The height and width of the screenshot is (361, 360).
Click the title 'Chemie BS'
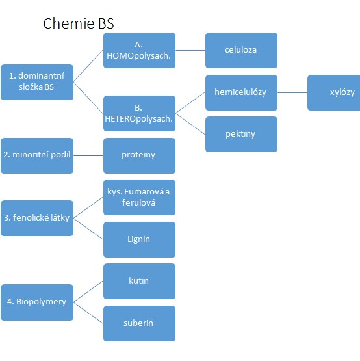(x=79, y=23)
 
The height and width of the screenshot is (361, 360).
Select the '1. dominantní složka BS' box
(x=37, y=82)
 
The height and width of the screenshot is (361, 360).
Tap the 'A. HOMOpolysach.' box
(x=140, y=51)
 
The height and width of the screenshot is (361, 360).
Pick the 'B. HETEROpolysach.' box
(x=140, y=113)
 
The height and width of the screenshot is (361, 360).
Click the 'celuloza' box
(x=241, y=51)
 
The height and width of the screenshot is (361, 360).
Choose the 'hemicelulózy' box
(x=241, y=92)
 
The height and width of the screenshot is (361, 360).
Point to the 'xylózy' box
(x=334, y=92)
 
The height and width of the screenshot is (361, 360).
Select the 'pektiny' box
(x=241, y=135)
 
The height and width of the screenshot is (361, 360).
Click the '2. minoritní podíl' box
(x=37, y=155)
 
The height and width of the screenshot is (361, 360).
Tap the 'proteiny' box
(x=140, y=155)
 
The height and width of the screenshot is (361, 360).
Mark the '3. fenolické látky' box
(x=37, y=219)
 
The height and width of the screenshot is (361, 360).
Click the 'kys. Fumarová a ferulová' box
(x=140, y=198)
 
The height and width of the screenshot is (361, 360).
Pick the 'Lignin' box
(x=140, y=239)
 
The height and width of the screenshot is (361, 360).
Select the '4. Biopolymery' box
(x=37, y=302)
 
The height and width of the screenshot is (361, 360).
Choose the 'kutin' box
(x=140, y=282)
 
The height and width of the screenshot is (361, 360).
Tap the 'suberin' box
(x=140, y=323)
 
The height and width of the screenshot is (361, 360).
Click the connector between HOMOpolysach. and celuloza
(x=190, y=50)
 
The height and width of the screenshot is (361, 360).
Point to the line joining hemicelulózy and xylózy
(x=292, y=92)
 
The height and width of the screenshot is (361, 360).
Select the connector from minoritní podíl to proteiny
(x=88, y=155)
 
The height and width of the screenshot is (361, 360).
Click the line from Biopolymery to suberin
(x=88, y=313)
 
